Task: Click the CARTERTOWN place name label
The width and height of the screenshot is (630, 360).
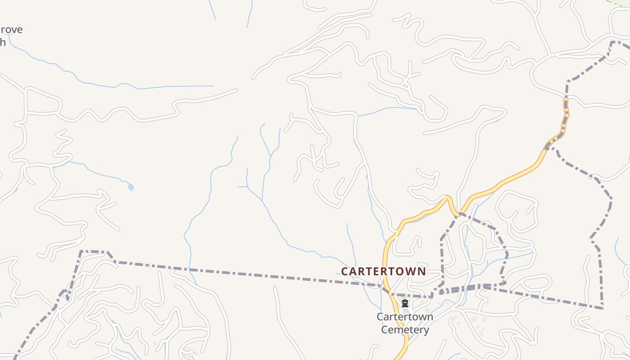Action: coord(383,271)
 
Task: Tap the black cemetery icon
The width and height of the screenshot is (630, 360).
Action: coord(405,303)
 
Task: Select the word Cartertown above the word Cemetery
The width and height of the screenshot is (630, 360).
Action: coord(405,317)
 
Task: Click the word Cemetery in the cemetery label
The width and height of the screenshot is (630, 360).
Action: coord(405,330)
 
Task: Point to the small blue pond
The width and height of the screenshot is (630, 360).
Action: coord(130,187)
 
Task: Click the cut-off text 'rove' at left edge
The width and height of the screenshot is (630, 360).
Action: coord(11,30)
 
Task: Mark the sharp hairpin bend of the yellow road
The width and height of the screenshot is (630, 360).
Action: coord(447,198)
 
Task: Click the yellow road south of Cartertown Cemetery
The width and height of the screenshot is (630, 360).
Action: coord(404,346)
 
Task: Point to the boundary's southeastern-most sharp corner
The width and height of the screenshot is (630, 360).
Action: coord(602,308)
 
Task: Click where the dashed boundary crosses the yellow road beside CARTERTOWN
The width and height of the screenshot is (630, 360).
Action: coord(385,288)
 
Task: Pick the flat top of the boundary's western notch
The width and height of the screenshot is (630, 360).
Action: coord(94,252)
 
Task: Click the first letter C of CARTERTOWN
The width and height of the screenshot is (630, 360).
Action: coord(345,272)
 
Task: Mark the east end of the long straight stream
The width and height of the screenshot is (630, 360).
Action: coord(212,86)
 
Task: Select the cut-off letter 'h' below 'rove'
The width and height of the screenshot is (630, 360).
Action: coord(3,43)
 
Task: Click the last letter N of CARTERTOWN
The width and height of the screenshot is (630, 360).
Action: coord(421,272)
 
